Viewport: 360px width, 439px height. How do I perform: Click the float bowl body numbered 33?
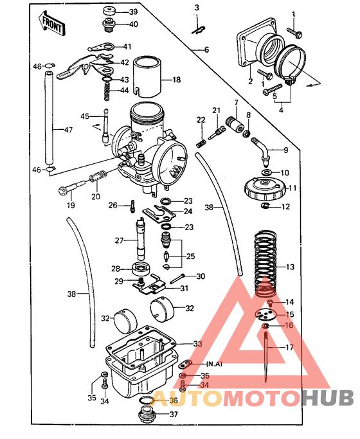click(x=140, y=363)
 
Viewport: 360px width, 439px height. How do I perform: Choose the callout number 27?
click(x=118, y=240)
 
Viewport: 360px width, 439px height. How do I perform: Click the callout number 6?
click(x=206, y=49)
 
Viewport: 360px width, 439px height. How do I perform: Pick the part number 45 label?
click(x=85, y=116)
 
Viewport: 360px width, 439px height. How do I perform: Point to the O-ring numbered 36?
click(x=146, y=400)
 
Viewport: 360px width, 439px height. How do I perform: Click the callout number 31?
click(x=183, y=288)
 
